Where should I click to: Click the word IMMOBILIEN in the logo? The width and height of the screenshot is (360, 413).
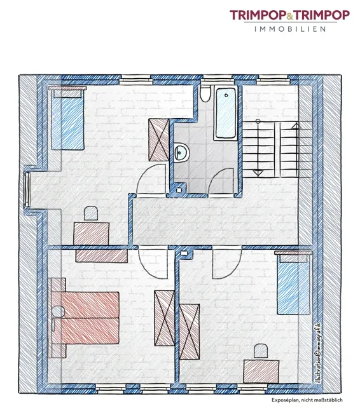[290, 29]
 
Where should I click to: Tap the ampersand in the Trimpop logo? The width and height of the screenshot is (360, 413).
[290, 17]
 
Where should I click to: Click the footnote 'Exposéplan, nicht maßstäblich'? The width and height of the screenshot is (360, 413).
[307, 400]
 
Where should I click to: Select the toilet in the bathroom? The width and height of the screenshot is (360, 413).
[205, 94]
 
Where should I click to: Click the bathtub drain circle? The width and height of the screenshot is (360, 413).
[226, 95]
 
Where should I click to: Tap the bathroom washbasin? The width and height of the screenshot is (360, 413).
[181, 152]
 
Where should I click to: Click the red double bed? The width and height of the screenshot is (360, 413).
[85, 318]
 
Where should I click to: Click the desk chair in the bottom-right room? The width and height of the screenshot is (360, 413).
[261, 351]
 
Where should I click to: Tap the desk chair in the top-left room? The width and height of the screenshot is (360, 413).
[91, 213]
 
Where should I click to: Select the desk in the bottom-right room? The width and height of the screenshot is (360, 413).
[261, 372]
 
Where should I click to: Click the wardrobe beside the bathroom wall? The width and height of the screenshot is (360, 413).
[159, 140]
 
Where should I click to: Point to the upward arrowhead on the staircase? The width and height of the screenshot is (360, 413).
[296, 126]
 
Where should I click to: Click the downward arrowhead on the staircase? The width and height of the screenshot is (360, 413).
[258, 173]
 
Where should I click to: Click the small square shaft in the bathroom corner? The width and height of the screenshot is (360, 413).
[179, 189]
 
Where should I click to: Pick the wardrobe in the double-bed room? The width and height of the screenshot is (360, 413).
[164, 318]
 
